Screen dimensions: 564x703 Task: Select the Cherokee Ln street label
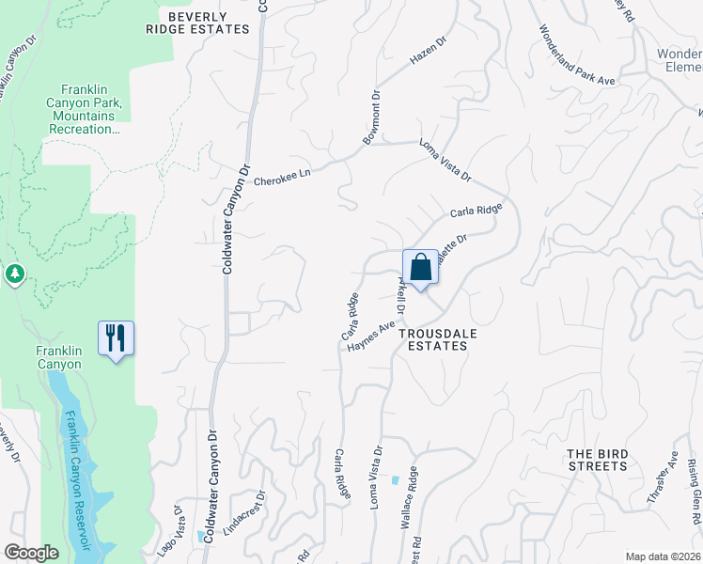pyautogui.click(x=283, y=173)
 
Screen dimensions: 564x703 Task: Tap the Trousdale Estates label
pyautogui.click(x=433, y=339)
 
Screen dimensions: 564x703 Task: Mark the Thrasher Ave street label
pyautogui.click(x=663, y=480)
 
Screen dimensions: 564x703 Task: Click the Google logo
pyautogui.click(x=32, y=553)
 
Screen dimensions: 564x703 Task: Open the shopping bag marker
pyautogui.click(x=420, y=267)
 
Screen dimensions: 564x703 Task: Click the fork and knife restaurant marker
pyautogui.click(x=116, y=338)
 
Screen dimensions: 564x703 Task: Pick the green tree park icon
pyautogui.click(x=14, y=274)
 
